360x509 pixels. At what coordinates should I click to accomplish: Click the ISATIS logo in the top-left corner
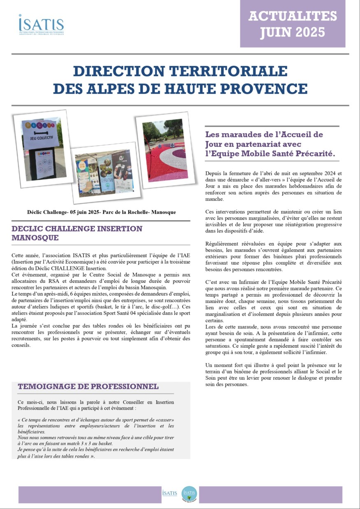pyautogui.click(x=41, y=24)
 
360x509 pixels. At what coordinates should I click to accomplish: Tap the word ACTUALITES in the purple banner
pyautogui.click(x=293, y=16)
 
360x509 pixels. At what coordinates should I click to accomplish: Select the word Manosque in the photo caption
pyautogui.click(x=163, y=212)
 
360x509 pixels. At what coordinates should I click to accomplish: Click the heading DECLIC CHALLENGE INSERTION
pyautogui.click(x=77, y=229)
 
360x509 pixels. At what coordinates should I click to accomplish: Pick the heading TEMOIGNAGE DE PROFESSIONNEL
pyautogui.click(x=88, y=386)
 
